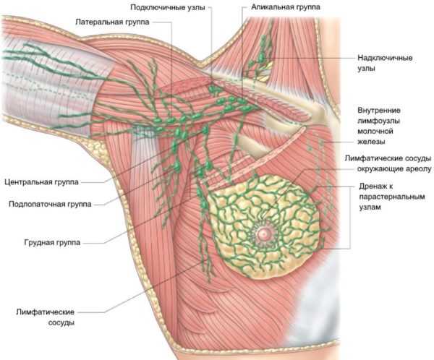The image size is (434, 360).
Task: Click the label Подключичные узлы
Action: coord(168,7)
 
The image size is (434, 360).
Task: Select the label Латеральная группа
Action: coord(112,22)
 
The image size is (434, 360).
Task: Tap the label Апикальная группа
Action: coord(286,7)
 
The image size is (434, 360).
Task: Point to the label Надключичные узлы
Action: coord(385,63)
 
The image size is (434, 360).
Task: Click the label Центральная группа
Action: coord(41,182)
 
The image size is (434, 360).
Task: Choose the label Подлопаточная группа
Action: coord(50,204)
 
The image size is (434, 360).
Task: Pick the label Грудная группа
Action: coord(52,242)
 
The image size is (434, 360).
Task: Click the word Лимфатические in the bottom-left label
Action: coord(45,312)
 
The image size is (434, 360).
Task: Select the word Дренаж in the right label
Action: coord(373,187)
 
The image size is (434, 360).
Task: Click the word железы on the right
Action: coord(371,142)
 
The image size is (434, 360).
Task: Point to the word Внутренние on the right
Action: coord(379,110)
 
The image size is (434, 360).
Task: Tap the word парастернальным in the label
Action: coord(392,197)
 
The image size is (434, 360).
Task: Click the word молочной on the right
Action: coord(375,131)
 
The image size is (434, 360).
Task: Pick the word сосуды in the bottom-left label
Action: coord(61,322)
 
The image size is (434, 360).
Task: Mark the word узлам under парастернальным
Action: coord(370,207)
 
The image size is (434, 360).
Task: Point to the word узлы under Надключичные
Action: coord(367,69)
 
